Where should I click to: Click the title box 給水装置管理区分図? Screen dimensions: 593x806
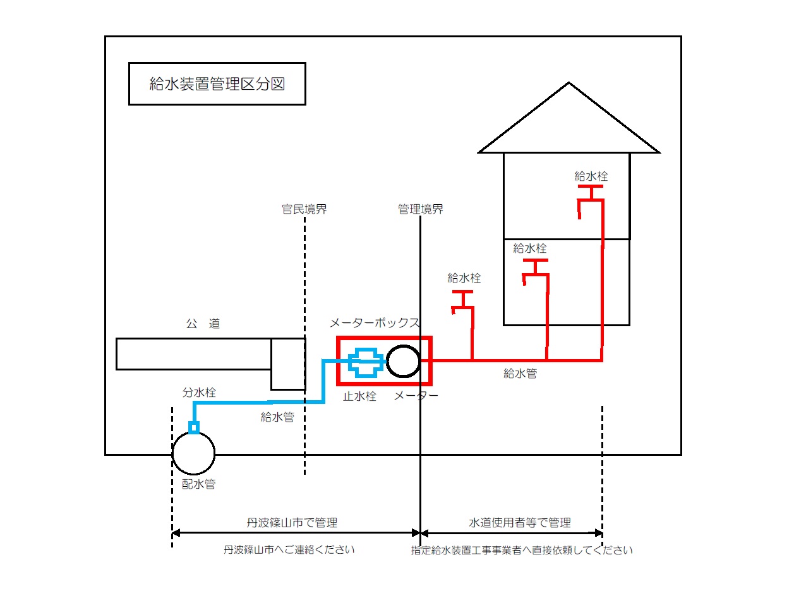pos(217,83)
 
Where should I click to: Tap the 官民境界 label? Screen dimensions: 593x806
pos(304,209)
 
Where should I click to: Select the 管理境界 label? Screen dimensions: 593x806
pos(421,209)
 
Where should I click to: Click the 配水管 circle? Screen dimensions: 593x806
pos(193,453)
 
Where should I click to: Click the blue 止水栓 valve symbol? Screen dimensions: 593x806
pos(366,362)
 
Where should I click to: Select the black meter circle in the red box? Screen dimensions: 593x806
pos(403,362)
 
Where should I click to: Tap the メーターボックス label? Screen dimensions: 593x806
pos(375,323)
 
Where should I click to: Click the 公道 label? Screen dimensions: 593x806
pos(203,324)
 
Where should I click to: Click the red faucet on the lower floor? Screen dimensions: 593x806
pos(534,271)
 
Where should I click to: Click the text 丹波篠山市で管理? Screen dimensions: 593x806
pos(292,523)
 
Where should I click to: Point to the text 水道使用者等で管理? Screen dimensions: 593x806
pos(520,523)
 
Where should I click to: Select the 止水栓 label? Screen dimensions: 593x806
pos(359,397)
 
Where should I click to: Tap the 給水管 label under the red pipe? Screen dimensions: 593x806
pos(520,374)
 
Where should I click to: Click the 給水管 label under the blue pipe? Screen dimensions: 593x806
pos(277,417)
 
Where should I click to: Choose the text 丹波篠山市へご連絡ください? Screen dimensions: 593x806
pos(289,550)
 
